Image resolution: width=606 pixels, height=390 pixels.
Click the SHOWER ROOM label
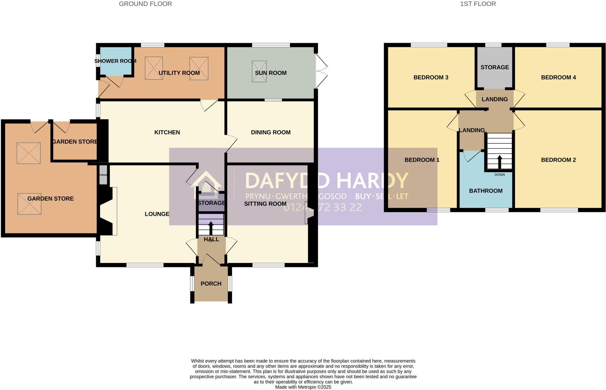(115, 61)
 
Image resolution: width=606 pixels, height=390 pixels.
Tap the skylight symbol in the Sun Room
(259, 71)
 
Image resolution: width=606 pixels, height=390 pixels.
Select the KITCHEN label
(167, 132)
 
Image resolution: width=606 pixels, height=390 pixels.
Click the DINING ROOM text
(270, 132)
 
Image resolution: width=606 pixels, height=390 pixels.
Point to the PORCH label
(211, 284)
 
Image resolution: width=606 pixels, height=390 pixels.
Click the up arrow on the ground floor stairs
(211, 228)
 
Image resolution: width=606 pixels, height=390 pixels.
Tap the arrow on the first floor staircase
(499, 162)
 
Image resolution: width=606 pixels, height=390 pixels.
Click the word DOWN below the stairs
(499, 175)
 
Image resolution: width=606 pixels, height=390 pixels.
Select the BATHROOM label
(486, 191)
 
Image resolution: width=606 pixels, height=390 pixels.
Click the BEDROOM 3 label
(431, 77)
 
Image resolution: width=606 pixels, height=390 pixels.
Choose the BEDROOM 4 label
(558, 77)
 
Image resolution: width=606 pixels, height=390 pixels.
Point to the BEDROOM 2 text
(558, 160)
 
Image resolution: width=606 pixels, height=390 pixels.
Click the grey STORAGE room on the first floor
(494, 67)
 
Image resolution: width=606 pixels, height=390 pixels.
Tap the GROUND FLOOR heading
(145, 4)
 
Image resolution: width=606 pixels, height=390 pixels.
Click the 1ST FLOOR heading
(478, 4)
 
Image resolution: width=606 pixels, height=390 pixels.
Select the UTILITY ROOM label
(179, 73)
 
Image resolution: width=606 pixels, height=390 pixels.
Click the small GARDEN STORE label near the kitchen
(75, 142)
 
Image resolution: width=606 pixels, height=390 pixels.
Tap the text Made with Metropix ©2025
(303, 387)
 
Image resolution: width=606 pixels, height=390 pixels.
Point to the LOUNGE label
(157, 214)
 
